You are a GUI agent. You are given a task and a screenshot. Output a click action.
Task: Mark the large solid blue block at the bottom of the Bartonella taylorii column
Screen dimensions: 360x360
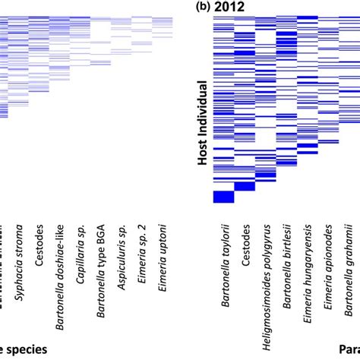coord(224,197)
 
